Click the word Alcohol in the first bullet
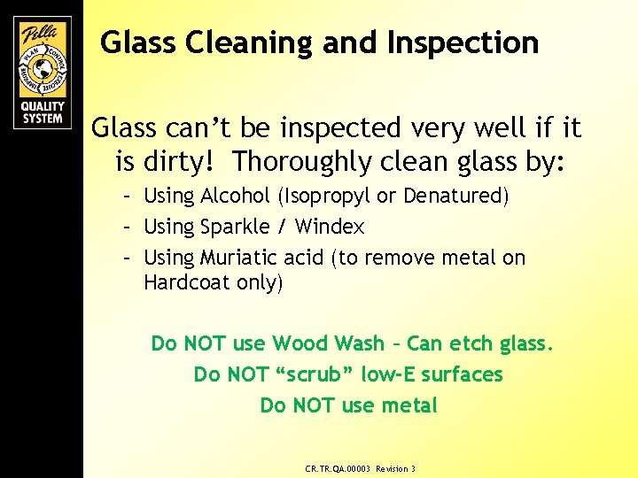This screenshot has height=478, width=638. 233,196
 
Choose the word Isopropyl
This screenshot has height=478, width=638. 330,196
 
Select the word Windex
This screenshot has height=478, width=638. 330,227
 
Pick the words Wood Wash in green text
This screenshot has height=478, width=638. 328,343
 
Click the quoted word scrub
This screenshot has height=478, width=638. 301,374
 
